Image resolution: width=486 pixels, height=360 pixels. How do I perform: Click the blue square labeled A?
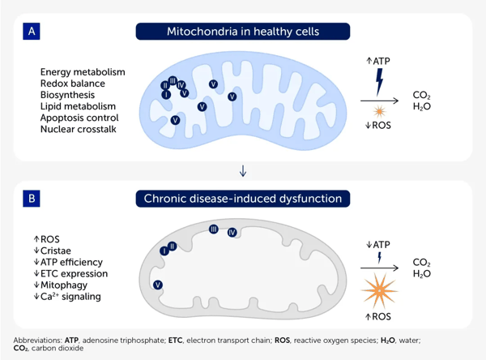(32, 32)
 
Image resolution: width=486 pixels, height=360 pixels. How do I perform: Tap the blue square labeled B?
(32, 199)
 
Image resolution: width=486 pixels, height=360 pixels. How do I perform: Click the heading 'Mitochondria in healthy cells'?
(243, 32)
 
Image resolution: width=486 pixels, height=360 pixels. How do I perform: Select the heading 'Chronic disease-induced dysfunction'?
(243, 199)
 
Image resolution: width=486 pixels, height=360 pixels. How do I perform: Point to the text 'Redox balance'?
(73, 84)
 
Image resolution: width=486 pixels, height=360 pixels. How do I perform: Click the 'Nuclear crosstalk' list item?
(78, 129)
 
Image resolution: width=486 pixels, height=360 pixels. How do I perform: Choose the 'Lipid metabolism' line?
(78, 106)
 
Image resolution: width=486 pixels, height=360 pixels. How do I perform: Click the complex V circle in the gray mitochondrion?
(158, 285)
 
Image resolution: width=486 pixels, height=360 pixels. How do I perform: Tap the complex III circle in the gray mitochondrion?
(214, 229)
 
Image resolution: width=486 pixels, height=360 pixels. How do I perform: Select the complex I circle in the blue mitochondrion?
(166, 94)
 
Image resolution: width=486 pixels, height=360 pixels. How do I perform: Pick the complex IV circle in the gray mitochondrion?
(232, 232)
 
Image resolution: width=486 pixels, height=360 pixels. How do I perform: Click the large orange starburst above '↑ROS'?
(379, 291)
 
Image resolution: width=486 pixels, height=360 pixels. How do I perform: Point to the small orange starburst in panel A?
(379, 111)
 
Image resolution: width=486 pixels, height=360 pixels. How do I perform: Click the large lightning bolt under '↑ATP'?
(379, 82)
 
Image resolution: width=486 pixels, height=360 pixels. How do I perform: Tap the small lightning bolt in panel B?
(379, 258)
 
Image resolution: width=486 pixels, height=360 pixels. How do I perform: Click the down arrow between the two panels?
(243, 171)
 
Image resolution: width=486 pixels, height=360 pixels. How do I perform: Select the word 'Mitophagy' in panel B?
(64, 285)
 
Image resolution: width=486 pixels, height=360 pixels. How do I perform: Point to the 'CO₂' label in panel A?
(421, 95)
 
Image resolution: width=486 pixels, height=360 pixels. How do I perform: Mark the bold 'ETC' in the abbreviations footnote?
(176, 341)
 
